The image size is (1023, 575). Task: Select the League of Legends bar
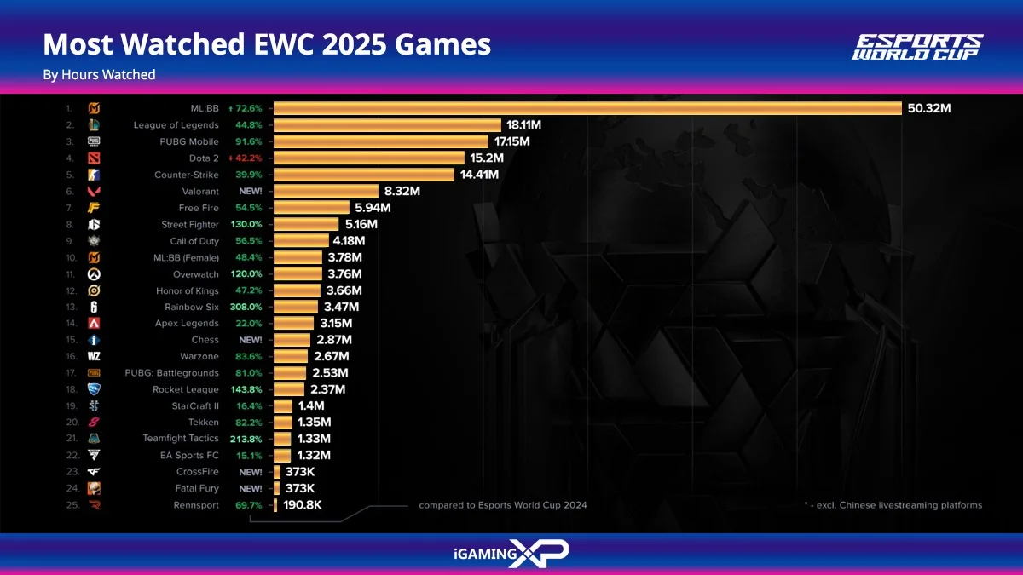click(387, 125)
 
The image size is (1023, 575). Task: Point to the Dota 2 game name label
click(204, 158)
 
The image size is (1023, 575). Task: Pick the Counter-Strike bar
click(363, 175)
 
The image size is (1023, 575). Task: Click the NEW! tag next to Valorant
click(250, 192)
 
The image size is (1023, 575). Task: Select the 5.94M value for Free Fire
click(373, 208)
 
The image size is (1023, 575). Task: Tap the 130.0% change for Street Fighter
click(246, 225)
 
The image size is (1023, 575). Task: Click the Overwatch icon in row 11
click(94, 274)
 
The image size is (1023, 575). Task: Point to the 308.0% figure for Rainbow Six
click(246, 307)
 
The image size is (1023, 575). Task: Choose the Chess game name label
click(205, 340)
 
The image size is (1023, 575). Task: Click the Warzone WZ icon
click(94, 356)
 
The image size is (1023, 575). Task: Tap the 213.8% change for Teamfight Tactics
click(246, 439)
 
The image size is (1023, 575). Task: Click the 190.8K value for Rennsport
click(303, 505)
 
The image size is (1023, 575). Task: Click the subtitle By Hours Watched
click(99, 75)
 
